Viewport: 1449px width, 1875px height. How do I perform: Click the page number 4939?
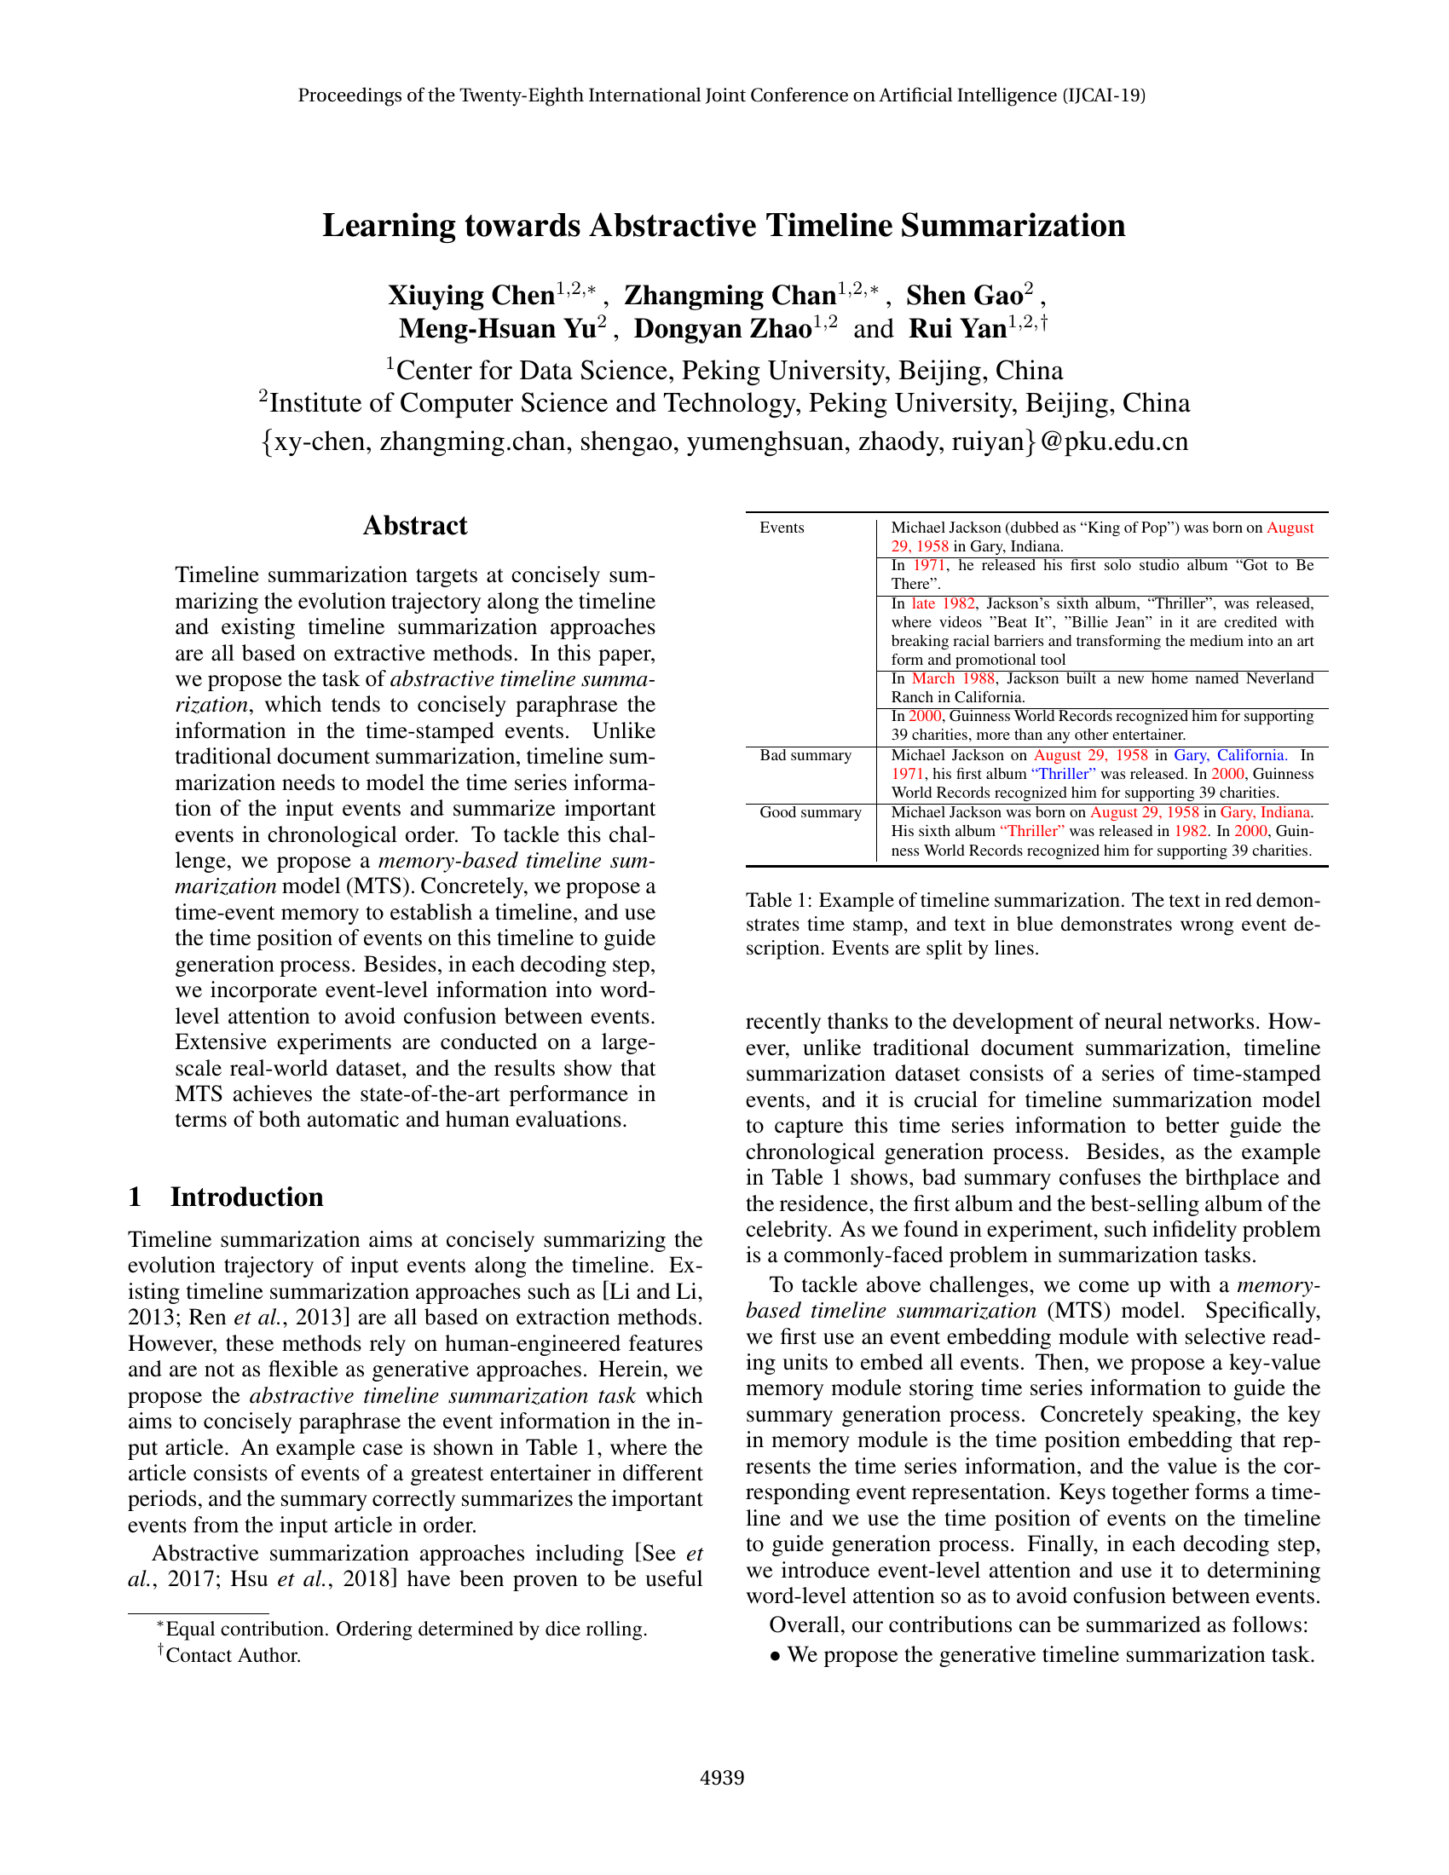point(722,1777)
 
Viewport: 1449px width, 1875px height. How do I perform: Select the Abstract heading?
point(414,525)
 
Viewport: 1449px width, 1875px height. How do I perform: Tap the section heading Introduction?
point(246,1197)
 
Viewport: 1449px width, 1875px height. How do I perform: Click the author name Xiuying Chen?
point(470,296)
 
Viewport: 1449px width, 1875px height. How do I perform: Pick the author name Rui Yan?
point(957,329)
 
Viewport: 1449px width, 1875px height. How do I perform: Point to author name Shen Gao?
point(964,296)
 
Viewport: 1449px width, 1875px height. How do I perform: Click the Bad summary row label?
point(805,755)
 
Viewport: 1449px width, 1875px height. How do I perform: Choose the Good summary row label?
point(810,812)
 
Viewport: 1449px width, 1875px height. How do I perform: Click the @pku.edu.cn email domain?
point(1114,441)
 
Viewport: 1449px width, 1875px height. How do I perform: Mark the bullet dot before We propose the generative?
point(775,1656)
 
